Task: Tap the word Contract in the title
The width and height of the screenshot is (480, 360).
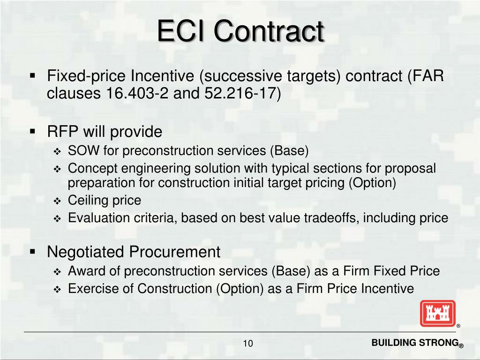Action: tap(269, 31)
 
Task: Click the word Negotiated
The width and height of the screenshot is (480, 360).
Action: tap(87, 252)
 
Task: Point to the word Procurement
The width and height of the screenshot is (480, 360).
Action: tap(175, 252)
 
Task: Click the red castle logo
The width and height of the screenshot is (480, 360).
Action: tap(437, 313)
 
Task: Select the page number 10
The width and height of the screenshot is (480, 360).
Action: tap(248, 344)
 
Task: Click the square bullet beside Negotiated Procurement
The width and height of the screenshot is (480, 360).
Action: tap(32, 252)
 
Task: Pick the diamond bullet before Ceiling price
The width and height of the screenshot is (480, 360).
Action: tap(57, 201)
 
